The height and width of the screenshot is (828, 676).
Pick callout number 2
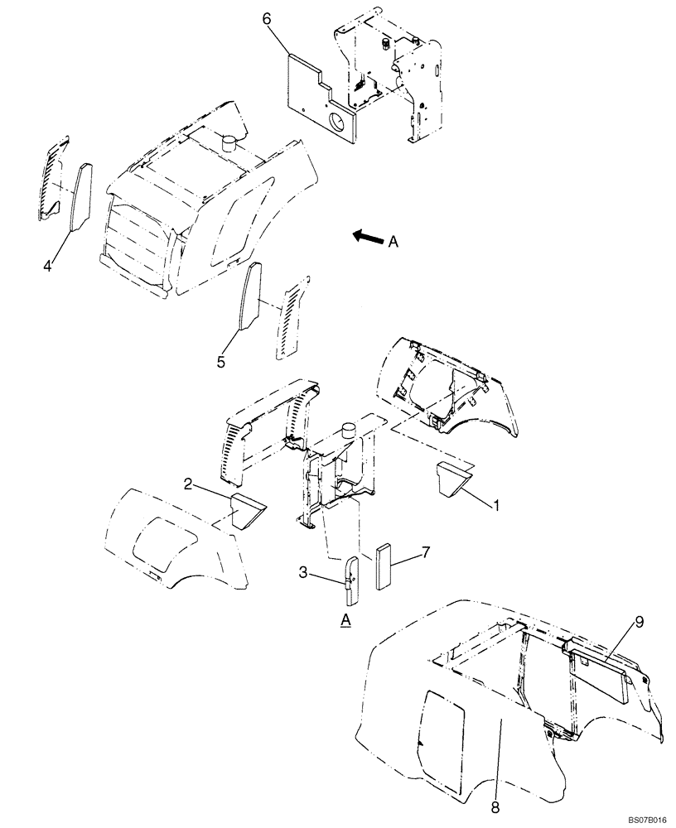coord(189,484)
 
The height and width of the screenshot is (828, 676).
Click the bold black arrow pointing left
coord(365,238)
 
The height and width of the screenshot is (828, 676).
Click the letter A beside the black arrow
coord(394,242)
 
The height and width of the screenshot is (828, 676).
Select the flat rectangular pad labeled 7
coord(385,565)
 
